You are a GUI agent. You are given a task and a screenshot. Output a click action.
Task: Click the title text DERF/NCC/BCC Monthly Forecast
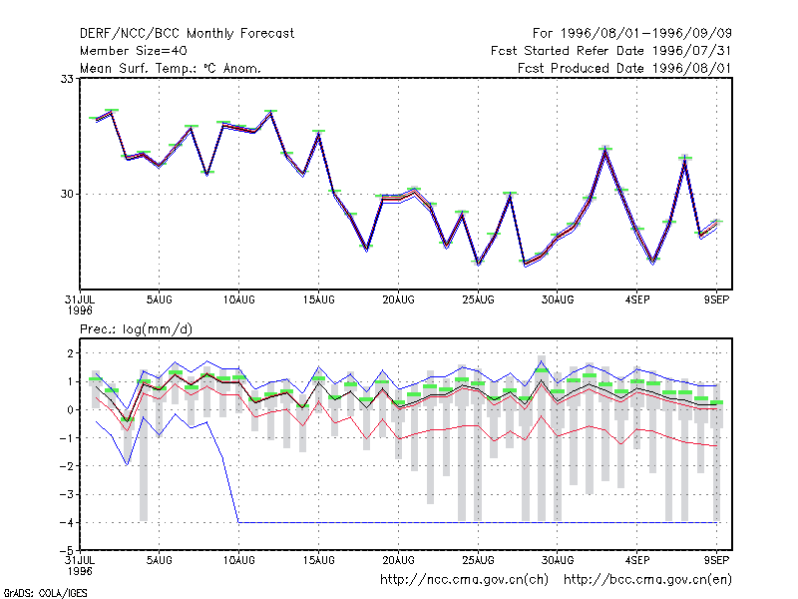click(187, 34)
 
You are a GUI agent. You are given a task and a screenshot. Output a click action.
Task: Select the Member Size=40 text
click(134, 51)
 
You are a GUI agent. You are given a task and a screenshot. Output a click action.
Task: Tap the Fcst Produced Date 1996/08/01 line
click(624, 68)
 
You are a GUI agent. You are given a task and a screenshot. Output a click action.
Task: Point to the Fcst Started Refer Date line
click(610, 51)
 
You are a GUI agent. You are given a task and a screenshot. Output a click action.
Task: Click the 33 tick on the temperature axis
click(67, 79)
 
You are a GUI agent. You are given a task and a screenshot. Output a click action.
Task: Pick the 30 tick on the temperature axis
click(67, 194)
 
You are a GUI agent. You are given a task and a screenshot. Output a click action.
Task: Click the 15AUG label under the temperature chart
click(318, 300)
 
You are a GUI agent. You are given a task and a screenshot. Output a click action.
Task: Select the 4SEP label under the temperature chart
click(637, 300)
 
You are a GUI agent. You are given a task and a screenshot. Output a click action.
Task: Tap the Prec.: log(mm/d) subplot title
click(136, 329)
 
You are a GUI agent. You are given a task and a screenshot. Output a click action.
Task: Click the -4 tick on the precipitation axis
click(67, 522)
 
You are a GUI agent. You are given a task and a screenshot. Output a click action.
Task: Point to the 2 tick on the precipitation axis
click(71, 353)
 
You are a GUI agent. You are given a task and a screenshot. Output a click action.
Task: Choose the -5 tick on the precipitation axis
click(67, 551)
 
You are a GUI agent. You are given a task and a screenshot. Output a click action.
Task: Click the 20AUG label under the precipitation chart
click(398, 560)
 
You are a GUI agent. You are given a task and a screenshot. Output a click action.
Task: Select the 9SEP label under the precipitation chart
click(716, 560)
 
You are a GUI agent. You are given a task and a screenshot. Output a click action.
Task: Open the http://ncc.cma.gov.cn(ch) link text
click(464, 580)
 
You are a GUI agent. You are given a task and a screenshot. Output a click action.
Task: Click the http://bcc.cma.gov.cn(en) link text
click(647, 580)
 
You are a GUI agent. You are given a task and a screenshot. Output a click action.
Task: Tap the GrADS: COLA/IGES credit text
click(45, 593)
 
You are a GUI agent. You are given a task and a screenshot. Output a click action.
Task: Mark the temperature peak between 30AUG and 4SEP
click(605, 149)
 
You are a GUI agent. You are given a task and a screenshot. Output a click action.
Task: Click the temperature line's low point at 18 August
click(366, 249)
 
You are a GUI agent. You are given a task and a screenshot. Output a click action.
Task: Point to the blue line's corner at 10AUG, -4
click(238, 522)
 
